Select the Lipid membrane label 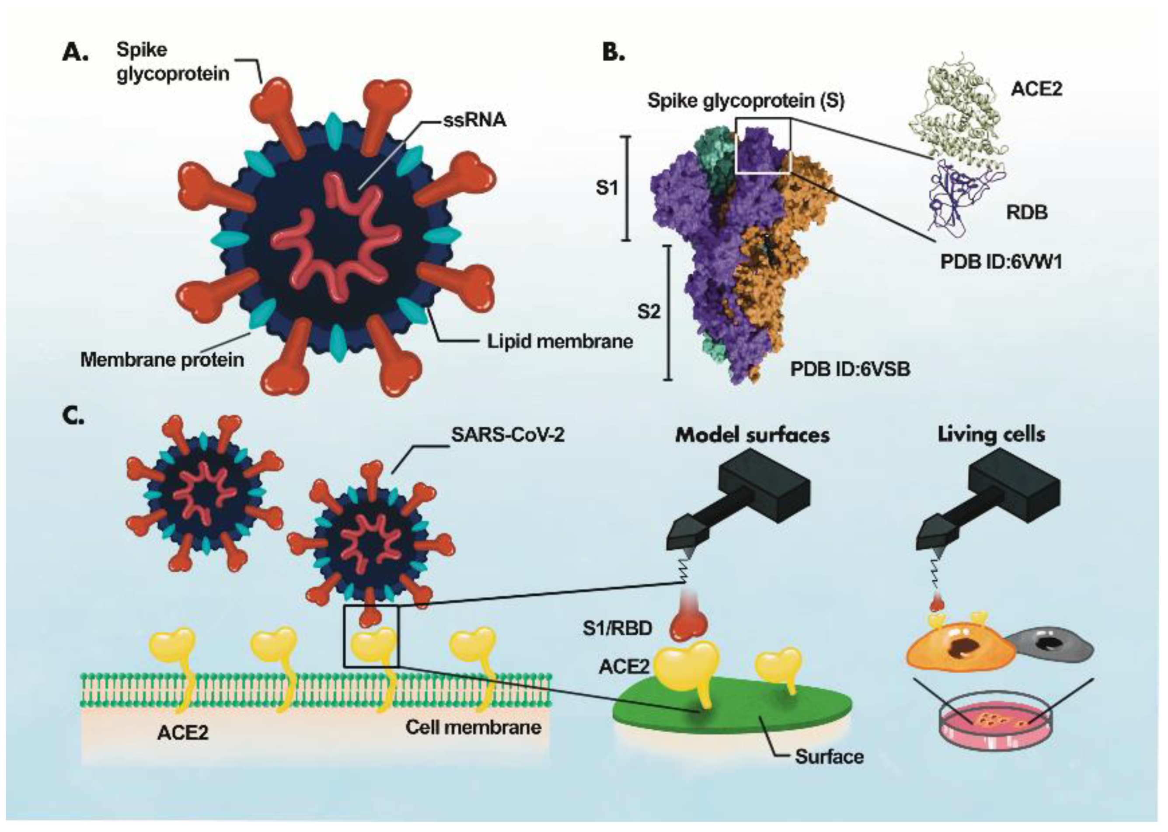[x=560, y=341]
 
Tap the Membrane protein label [x=162, y=360]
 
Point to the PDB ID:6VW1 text [x=1001, y=262]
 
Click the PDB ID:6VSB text [x=851, y=369]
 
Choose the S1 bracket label [x=607, y=188]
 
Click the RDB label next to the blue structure [x=1027, y=212]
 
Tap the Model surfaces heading [x=753, y=435]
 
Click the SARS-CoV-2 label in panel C [x=508, y=435]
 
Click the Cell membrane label [x=473, y=728]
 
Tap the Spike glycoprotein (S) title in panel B [x=746, y=101]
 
